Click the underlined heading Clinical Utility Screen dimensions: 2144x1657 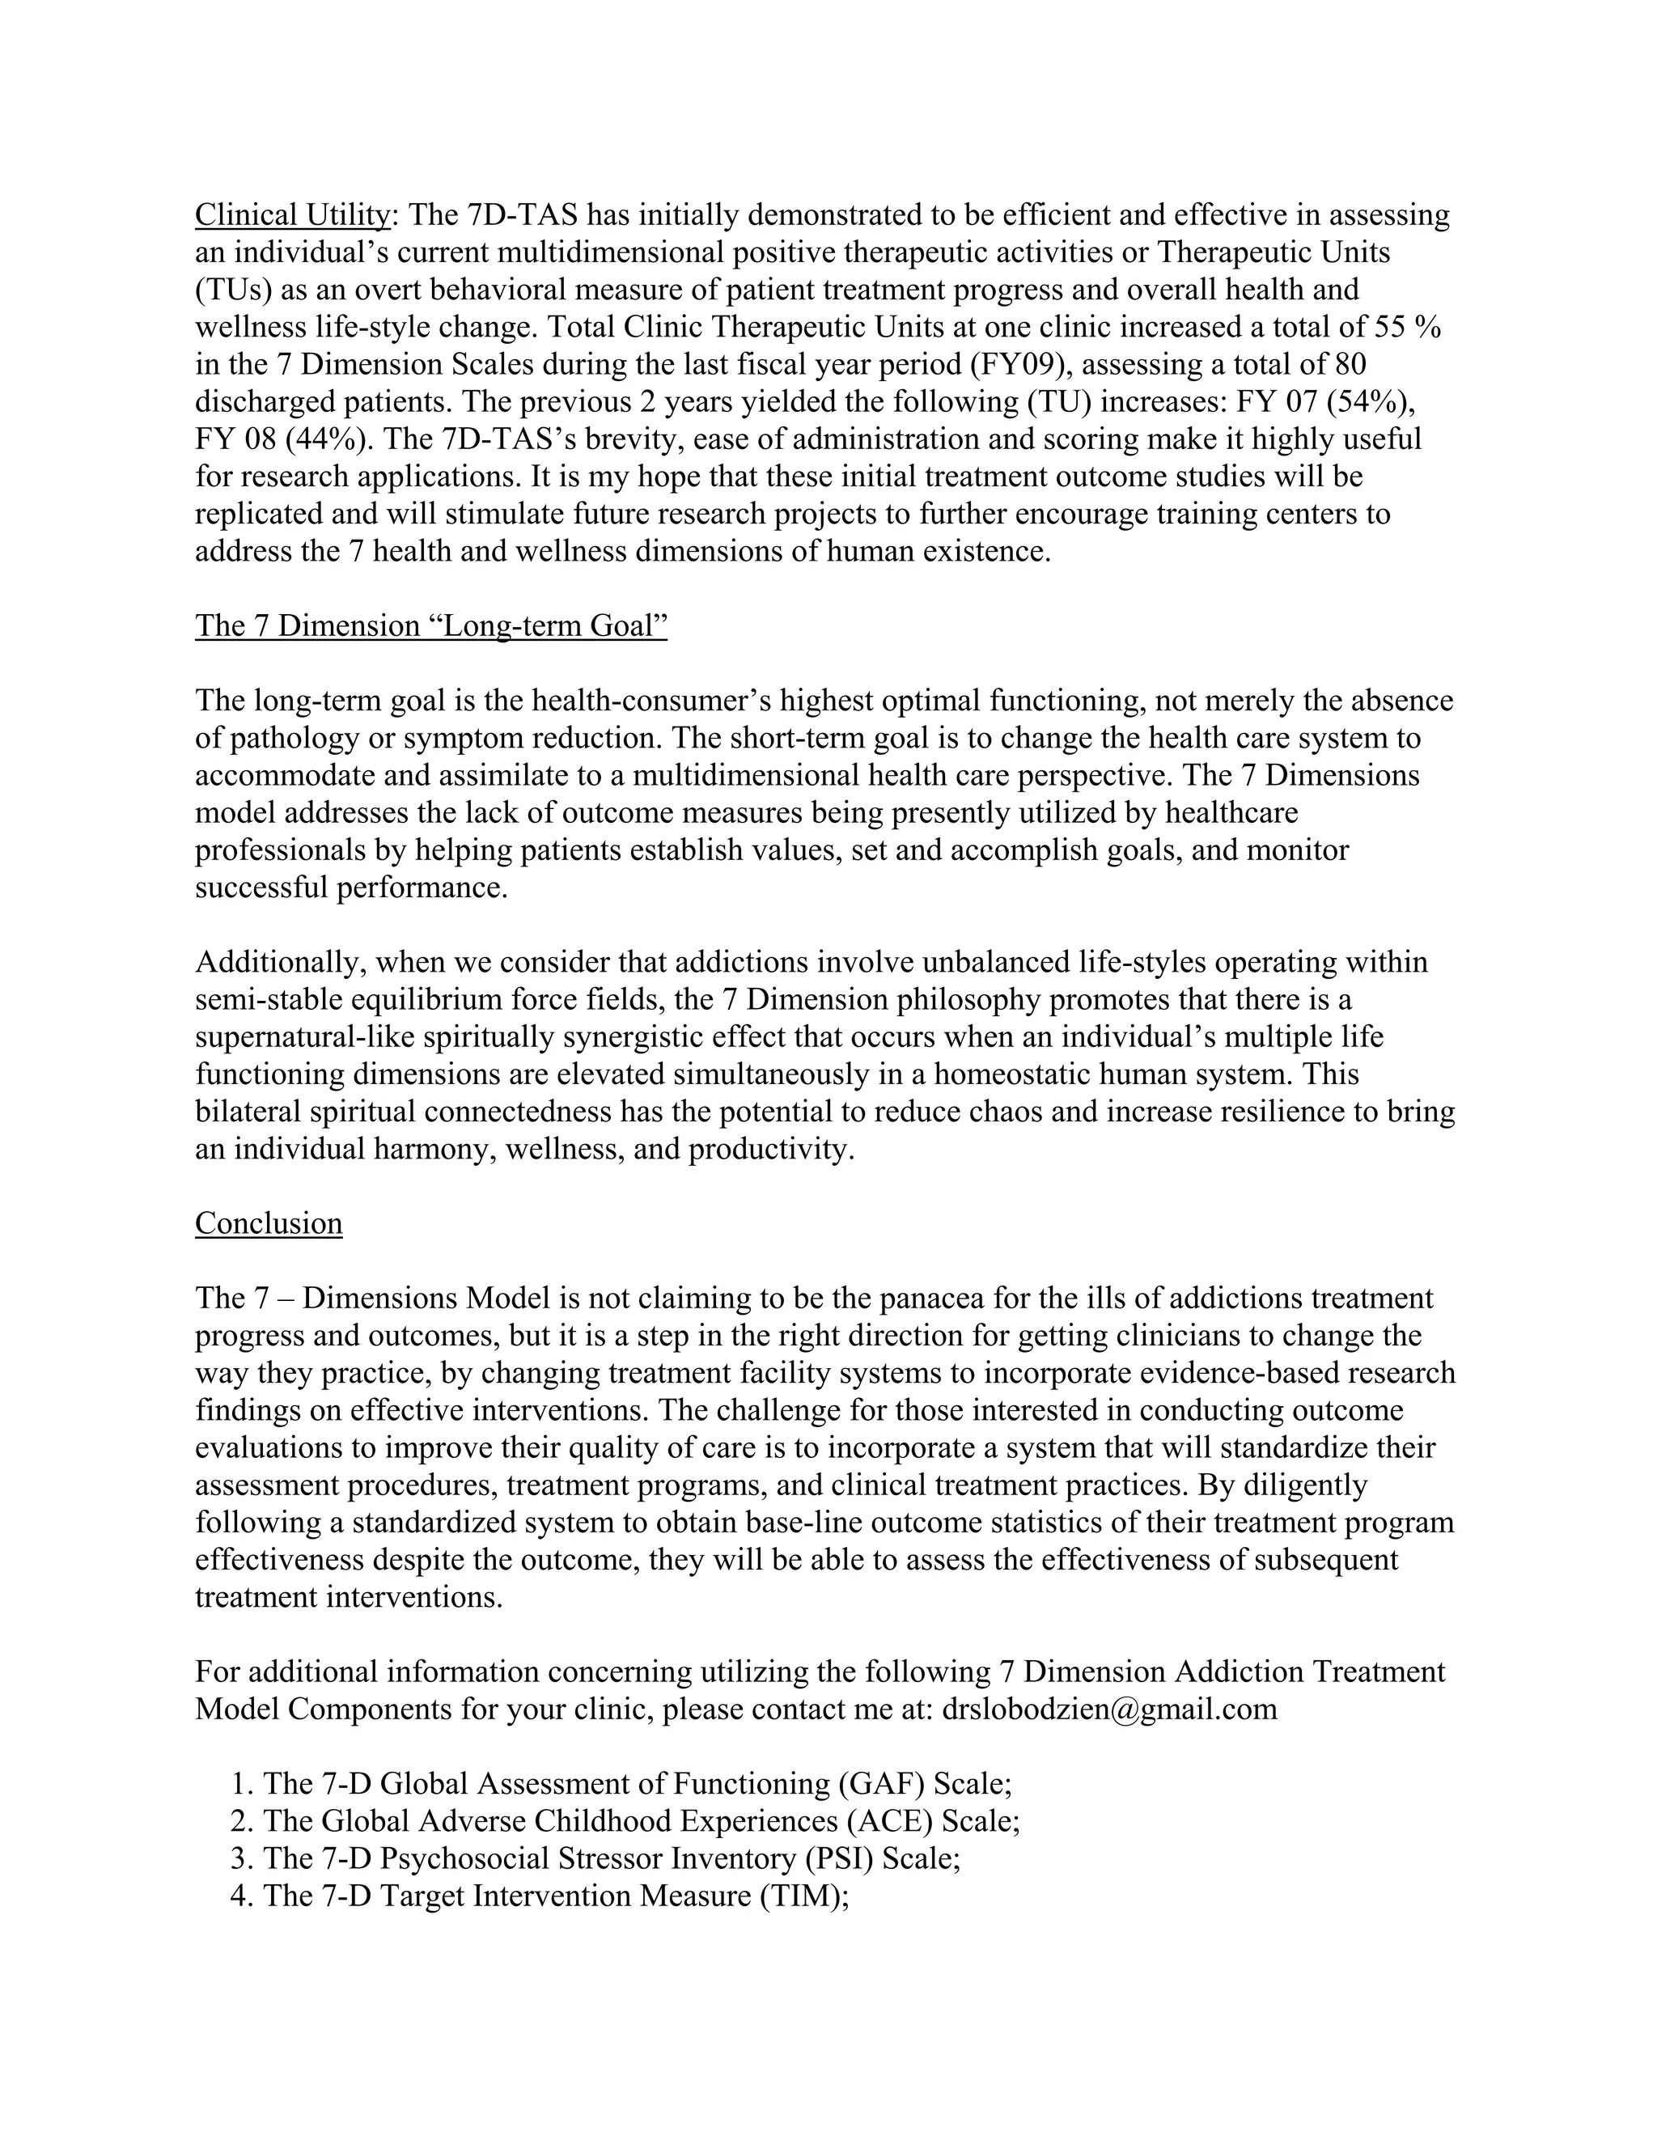[x=291, y=214]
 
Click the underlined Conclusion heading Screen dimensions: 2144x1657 [x=268, y=1223]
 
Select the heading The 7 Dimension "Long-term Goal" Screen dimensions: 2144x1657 [x=431, y=625]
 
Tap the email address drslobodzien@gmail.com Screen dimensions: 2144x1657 [x=1109, y=1709]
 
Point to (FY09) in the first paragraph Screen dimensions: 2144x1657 [x=1021, y=364]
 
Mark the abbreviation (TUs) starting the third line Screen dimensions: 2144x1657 [x=233, y=290]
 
